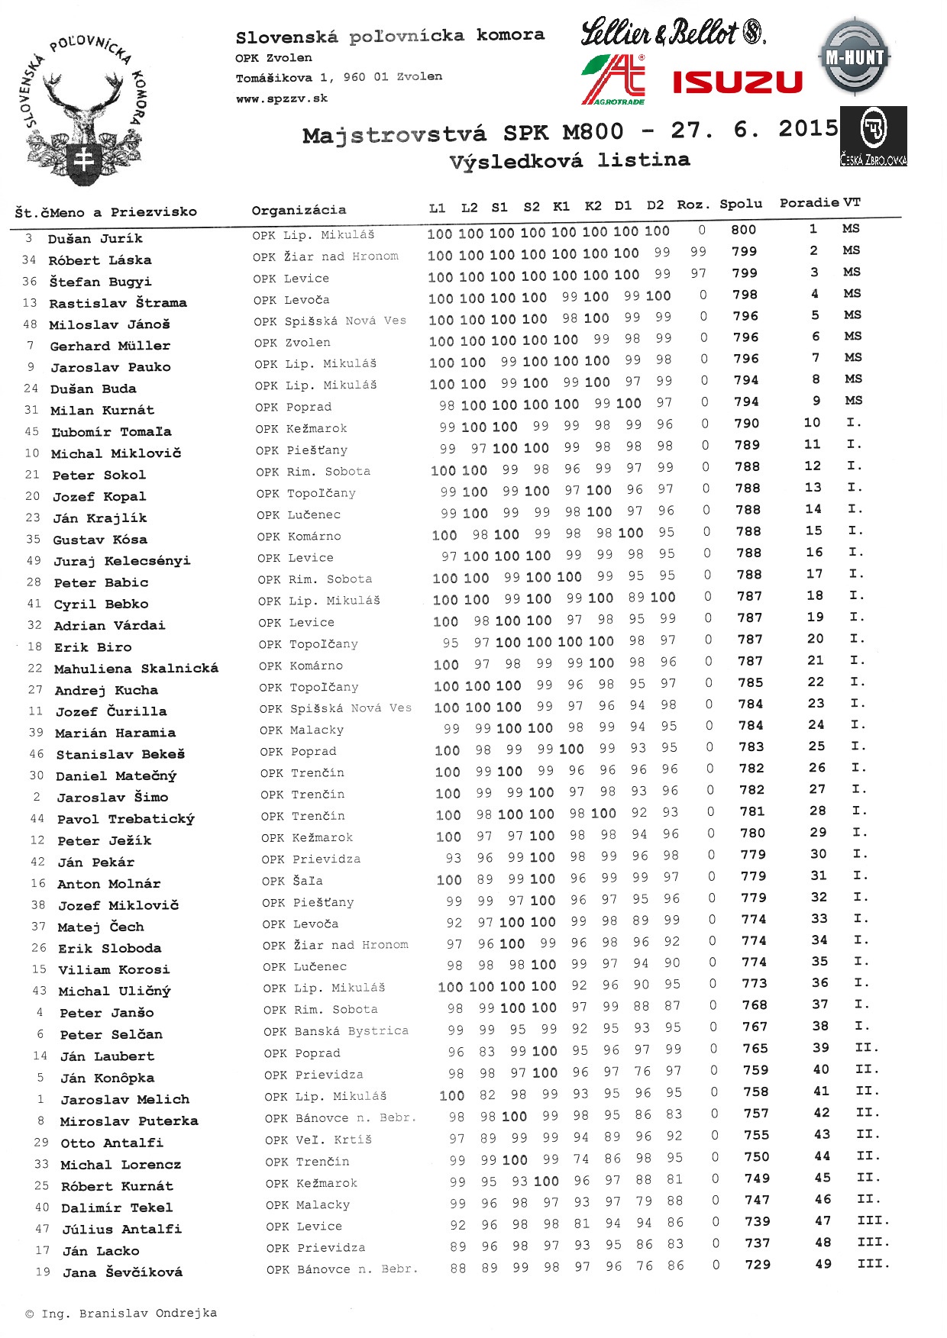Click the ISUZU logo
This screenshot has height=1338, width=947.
click(737, 82)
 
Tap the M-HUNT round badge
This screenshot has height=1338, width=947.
click(855, 57)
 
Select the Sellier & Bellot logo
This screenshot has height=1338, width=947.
click(672, 33)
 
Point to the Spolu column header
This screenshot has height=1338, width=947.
click(741, 204)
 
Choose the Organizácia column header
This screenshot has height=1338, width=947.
click(299, 210)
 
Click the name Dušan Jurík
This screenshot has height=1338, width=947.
click(95, 239)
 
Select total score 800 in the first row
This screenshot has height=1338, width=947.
click(743, 230)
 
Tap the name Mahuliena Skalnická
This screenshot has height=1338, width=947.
click(136, 669)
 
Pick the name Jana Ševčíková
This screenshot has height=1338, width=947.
click(122, 1272)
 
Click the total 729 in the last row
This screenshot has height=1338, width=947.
click(758, 1265)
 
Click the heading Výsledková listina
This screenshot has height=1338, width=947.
click(569, 161)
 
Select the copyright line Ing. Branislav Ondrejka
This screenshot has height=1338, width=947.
click(121, 1314)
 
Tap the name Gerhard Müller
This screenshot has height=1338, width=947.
click(110, 347)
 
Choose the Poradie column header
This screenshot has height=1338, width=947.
click(809, 203)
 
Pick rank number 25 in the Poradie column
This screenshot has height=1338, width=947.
click(816, 746)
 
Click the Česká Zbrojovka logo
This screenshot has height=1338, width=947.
click(873, 137)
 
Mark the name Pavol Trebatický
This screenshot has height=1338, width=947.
click(125, 819)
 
